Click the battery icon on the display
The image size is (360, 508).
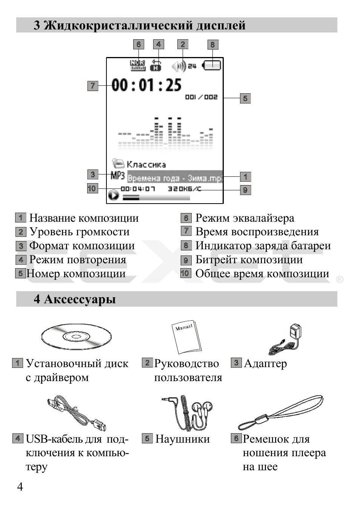click(x=212, y=65)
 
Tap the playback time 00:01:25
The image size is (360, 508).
click(x=146, y=85)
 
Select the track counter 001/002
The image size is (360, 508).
click(x=201, y=97)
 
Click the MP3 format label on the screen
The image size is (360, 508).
click(x=118, y=175)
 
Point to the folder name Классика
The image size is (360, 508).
click(x=146, y=164)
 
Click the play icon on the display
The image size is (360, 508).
click(x=114, y=195)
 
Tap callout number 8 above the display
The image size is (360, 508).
click(x=212, y=45)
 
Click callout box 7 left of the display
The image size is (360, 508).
click(x=92, y=86)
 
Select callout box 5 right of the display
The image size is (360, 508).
click(x=245, y=98)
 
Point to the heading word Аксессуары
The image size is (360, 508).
click(x=80, y=299)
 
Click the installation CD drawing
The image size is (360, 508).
click(x=76, y=336)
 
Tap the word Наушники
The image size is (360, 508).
click(x=182, y=439)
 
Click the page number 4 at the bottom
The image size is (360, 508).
click(x=20, y=486)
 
